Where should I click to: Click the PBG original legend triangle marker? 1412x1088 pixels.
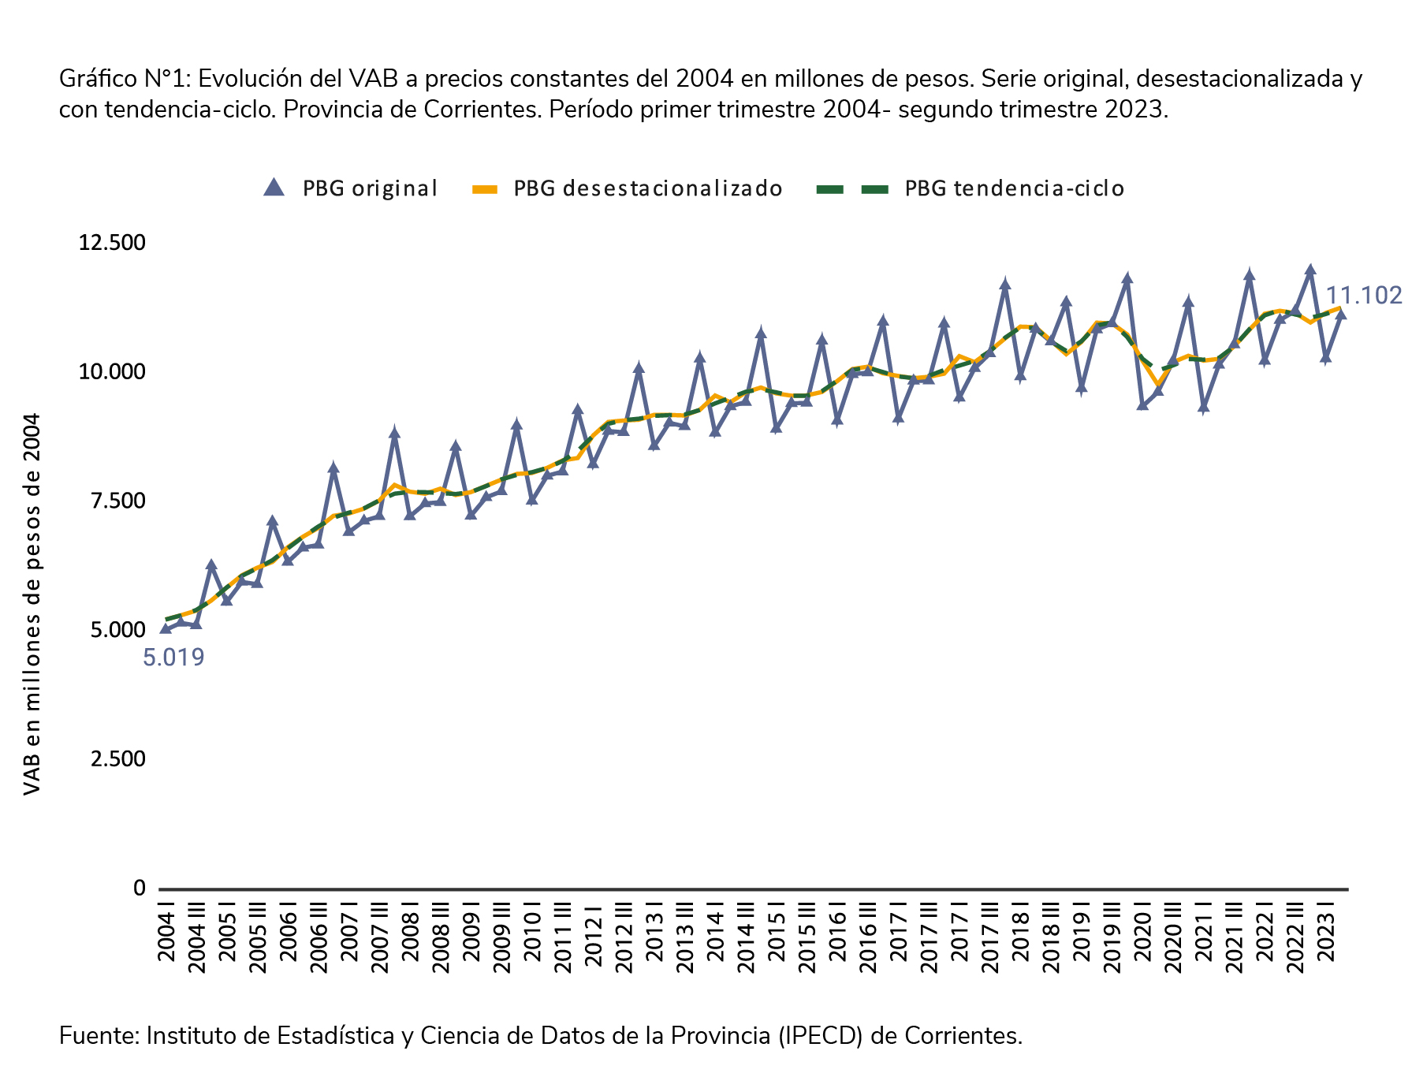pos(274,188)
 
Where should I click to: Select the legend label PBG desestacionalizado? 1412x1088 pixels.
pos(648,188)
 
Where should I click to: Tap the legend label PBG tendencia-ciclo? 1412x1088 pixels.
pos(1014,188)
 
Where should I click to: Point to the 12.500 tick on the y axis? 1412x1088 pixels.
pos(112,242)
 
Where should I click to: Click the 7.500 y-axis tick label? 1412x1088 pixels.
pos(117,501)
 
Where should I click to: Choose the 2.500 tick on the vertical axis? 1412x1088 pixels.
pos(117,759)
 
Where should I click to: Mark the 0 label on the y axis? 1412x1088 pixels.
pos(140,889)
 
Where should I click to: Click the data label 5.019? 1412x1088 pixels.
pos(173,658)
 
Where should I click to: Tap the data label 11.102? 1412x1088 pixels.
pos(1363,296)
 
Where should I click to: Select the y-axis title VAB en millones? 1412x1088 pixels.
pos(32,604)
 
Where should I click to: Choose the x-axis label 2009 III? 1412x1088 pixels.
pos(502,942)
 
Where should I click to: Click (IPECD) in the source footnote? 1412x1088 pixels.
pos(819,1035)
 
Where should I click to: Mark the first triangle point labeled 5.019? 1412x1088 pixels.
pos(166,628)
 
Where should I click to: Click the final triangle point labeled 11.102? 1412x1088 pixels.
pos(1341,315)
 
